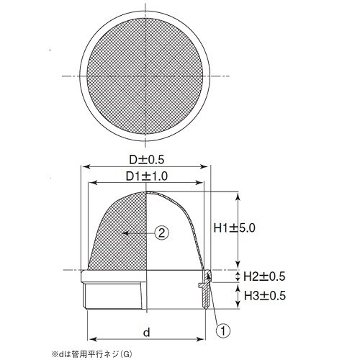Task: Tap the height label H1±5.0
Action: [x=236, y=227]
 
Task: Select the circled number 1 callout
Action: [x=223, y=330]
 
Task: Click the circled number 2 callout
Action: [x=163, y=232]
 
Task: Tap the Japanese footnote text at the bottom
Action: [x=94, y=354]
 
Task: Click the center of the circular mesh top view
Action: [x=147, y=75]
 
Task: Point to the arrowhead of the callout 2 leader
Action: [x=125, y=232]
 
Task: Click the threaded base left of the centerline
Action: [x=115, y=297]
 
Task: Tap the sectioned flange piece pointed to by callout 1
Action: [x=207, y=283]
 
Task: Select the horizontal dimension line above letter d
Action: [x=147, y=339]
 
